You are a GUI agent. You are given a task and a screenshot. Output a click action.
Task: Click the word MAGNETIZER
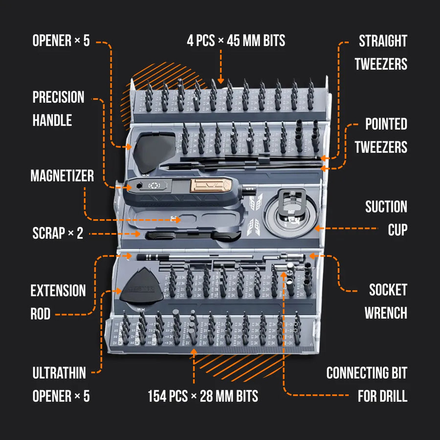pos(62,176)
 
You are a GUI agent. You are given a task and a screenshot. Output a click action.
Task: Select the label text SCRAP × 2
pos(58,233)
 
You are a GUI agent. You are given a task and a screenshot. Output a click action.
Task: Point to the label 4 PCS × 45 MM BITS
pos(236,40)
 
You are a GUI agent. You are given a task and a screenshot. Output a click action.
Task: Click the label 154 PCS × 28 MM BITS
pos(203,396)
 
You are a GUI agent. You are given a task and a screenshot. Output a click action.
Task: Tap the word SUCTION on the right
pos(386,207)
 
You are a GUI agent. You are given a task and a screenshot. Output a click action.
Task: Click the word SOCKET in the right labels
pos(388,290)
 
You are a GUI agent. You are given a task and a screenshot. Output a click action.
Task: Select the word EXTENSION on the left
pos(58,291)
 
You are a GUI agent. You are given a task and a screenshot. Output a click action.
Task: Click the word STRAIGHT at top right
pos(383,41)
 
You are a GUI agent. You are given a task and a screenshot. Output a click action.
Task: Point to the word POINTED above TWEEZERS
pos(386,124)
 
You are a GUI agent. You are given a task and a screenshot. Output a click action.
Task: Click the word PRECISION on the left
pos(58,97)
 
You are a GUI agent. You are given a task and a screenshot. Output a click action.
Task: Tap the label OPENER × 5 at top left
pos(61,41)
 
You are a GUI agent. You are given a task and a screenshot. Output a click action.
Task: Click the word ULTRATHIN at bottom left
pos(59,374)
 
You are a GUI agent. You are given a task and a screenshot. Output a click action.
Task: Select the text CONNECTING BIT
pos(367,374)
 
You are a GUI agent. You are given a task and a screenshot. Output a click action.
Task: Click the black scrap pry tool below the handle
pos(191,235)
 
